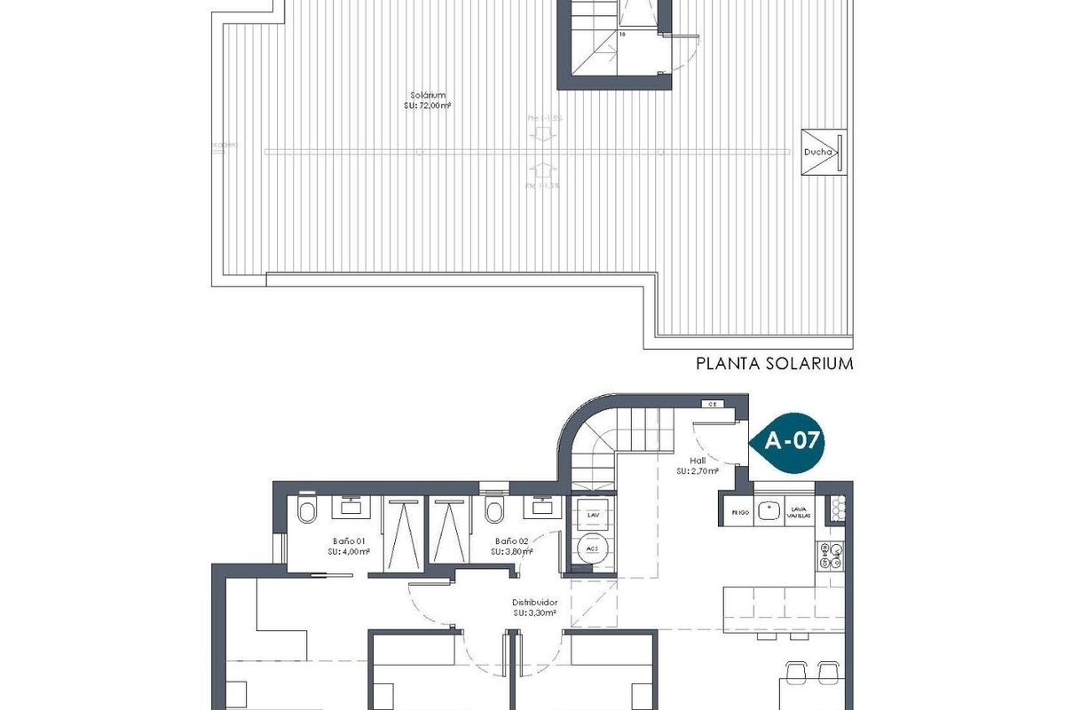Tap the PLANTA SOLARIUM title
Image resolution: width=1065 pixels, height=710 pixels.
click(x=774, y=363)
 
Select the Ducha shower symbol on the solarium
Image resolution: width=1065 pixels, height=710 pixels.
click(x=823, y=152)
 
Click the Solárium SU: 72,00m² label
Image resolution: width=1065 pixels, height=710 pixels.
click(x=428, y=100)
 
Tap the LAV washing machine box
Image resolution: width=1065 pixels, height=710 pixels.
click(x=590, y=514)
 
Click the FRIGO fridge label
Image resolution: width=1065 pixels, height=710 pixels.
click(x=740, y=512)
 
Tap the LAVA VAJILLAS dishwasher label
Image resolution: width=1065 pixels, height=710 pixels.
click(x=798, y=512)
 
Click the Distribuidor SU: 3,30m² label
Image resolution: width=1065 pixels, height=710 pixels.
click(x=534, y=607)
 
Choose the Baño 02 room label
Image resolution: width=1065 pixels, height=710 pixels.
click(x=512, y=545)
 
